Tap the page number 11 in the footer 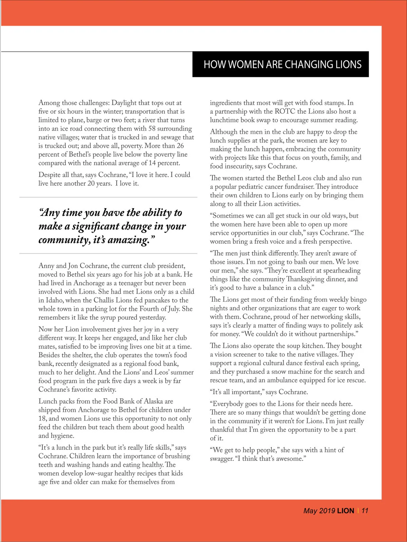[365, 511]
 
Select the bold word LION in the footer [346, 511]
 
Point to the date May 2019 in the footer [319, 511]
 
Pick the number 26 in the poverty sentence [180, 146]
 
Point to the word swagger [221, 459]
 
